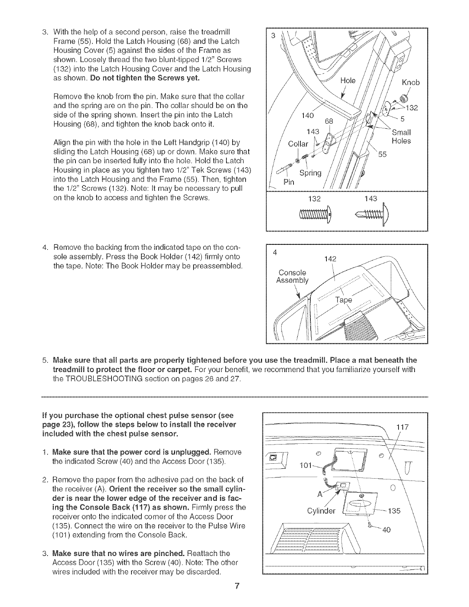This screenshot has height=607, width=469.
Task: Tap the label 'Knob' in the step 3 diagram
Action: pyautogui.click(x=410, y=83)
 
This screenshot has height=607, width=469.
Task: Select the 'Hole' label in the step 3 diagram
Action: pyautogui.click(x=348, y=81)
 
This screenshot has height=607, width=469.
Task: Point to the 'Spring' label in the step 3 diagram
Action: pyautogui.click(x=310, y=172)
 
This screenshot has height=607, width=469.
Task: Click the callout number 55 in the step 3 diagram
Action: pyautogui.click(x=383, y=154)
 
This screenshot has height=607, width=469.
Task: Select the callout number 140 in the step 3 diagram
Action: pyautogui.click(x=308, y=115)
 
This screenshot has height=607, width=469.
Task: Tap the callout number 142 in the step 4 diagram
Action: pyautogui.click(x=330, y=259)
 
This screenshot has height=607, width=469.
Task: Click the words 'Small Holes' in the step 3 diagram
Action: pyautogui.click(x=401, y=137)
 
